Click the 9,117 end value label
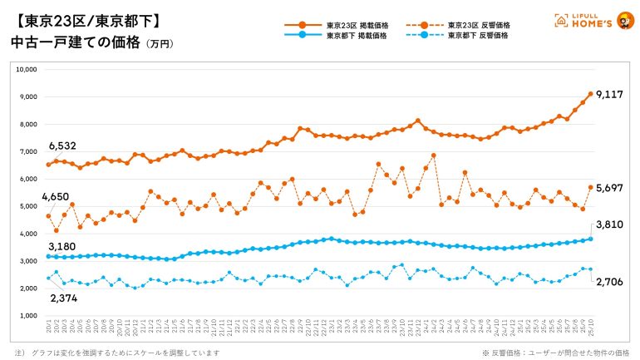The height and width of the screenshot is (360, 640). tap(610, 94)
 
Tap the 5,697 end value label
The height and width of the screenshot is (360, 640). tap(610, 188)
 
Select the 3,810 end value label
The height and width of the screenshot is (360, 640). tap(611, 225)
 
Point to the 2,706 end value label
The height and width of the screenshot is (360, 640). tap(611, 284)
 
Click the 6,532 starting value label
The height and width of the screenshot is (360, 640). tap(62, 146)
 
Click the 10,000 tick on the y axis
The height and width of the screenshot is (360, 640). tap(26, 70)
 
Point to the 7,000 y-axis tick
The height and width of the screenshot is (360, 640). tap(27, 151)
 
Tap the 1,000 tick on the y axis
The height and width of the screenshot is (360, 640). tap(27, 316)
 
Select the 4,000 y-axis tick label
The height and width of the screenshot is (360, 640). tap(27, 234)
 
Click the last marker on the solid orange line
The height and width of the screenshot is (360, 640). tap(590, 94)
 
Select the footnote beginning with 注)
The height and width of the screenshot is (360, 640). tap(116, 353)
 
